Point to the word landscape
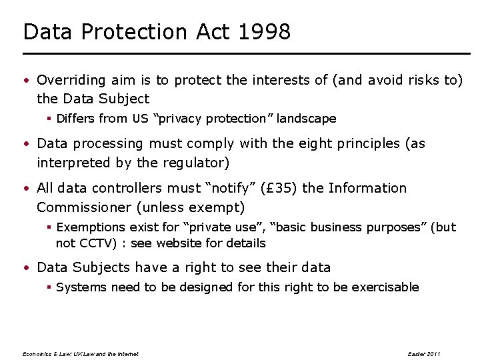coord(306,119)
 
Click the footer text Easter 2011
coord(424,353)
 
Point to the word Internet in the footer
coord(127,353)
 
